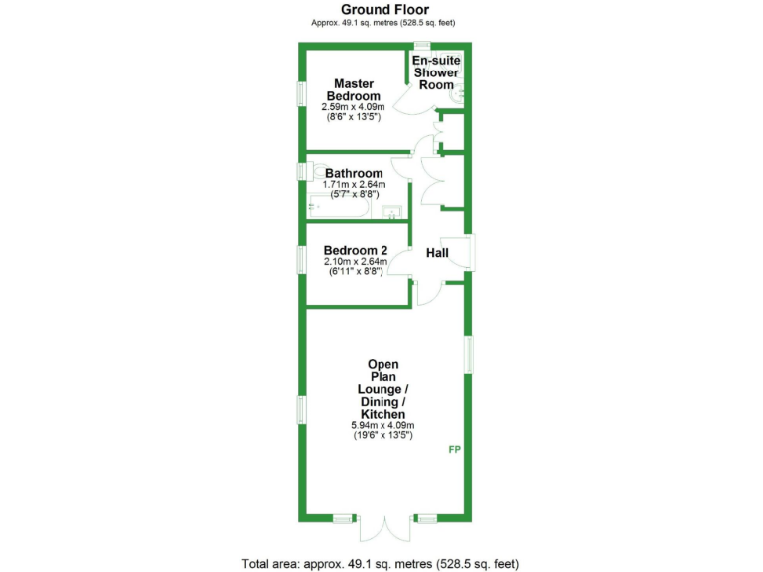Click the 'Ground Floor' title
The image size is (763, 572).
pos(384,10)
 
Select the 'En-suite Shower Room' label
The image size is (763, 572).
pos(436,72)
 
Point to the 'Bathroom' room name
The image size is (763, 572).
pos(354,173)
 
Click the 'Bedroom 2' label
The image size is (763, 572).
pos(355,250)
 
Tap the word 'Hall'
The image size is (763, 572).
pos(437,254)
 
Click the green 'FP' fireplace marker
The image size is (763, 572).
pos(454,450)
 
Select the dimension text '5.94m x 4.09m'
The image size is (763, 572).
pos(383,426)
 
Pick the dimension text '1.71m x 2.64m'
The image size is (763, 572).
pos(354,185)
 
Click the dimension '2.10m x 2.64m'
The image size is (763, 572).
pos(355,262)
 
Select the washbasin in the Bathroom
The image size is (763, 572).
pos(394,212)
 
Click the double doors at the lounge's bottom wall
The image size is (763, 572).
pos(383,528)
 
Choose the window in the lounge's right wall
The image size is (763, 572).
pos(470,355)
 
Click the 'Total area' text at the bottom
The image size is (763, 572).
pos(381,563)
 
